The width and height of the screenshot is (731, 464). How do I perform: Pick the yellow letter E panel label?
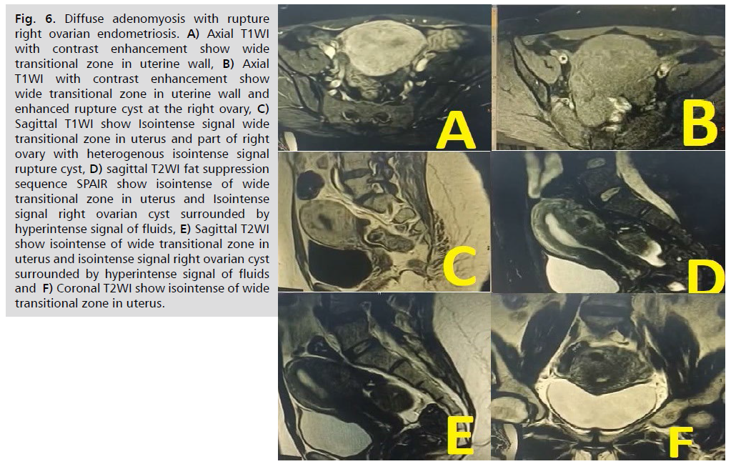click(x=459, y=435)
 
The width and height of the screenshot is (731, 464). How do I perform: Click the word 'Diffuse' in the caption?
click(x=85, y=19)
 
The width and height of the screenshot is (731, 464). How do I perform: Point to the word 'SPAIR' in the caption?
click(x=92, y=184)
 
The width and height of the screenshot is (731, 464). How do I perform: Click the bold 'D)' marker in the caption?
click(x=96, y=169)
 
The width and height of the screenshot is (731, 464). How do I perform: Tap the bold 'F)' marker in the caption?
click(x=48, y=288)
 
